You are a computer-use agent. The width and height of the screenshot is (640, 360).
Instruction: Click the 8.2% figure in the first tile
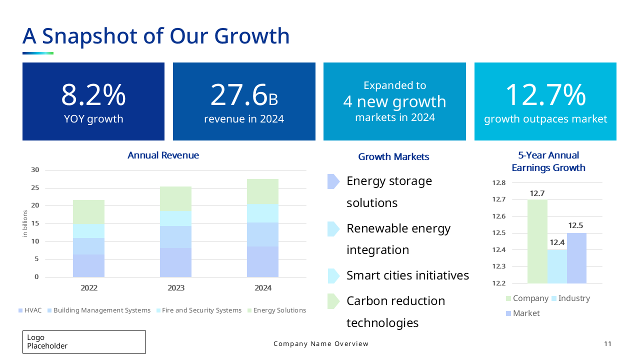click(x=93, y=95)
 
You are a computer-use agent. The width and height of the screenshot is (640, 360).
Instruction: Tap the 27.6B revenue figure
click(x=244, y=95)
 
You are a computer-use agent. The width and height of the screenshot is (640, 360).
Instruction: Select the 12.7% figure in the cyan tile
click(x=545, y=95)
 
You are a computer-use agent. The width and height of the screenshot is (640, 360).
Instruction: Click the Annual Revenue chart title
click(x=163, y=155)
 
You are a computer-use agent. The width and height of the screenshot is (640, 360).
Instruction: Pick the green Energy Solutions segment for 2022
click(x=88, y=212)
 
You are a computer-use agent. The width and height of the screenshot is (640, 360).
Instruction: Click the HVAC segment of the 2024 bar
click(x=262, y=261)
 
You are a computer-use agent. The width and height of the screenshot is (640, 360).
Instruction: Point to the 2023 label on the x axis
click(x=176, y=288)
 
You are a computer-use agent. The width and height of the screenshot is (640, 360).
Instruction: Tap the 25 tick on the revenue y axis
click(x=35, y=188)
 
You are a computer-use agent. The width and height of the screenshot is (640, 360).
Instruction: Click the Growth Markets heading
click(x=393, y=157)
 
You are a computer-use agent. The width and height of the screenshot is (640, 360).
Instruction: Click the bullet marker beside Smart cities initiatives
click(x=333, y=276)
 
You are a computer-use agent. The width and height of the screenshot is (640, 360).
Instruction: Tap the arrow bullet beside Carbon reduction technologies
click(x=333, y=301)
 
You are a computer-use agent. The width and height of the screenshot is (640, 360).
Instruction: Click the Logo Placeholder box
click(x=84, y=342)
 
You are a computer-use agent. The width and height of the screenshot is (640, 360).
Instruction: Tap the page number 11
click(x=607, y=344)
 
